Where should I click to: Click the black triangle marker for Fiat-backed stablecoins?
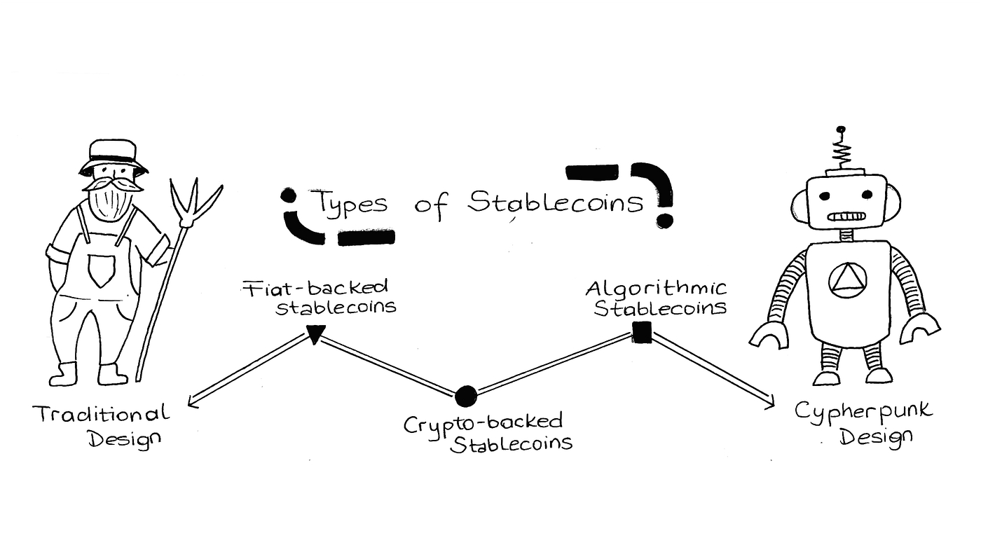(x=315, y=334)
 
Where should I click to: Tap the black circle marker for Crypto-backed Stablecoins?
(x=465, y=396)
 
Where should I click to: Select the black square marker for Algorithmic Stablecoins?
(x=641, y=332)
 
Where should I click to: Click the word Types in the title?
(x=348, y=202)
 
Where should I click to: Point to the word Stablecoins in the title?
(x=555, y=202)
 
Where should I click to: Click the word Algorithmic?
(x=656, y=289)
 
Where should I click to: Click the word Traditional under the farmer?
(x=101, y=414)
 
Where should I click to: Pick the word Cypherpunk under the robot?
(x=863, y=411)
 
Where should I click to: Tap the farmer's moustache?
(x=112, y=184)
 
